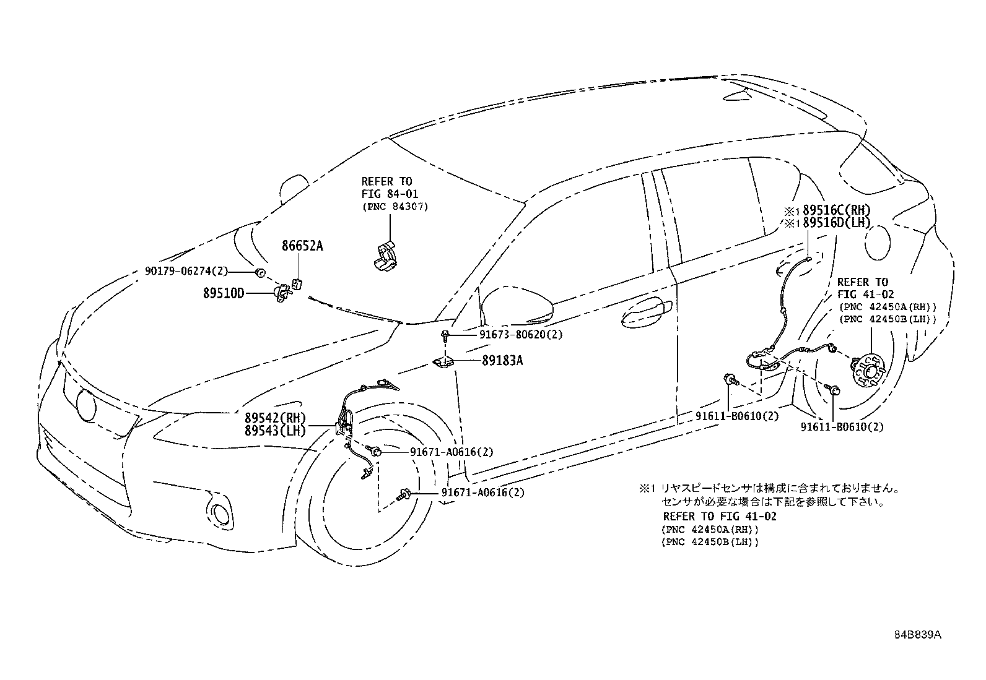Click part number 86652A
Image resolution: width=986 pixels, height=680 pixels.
[x=302, y=246]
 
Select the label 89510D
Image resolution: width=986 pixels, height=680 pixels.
[x=224, y=292]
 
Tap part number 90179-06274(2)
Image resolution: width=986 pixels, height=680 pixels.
[x=187, y=271]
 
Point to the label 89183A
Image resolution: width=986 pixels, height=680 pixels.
[x=502, y=359]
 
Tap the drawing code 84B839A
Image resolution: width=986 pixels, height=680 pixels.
[x=917, y=635]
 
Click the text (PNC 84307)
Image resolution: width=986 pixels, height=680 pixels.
[x=395, y=207]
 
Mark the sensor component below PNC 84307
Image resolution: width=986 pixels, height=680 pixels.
[x=385, y=255]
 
